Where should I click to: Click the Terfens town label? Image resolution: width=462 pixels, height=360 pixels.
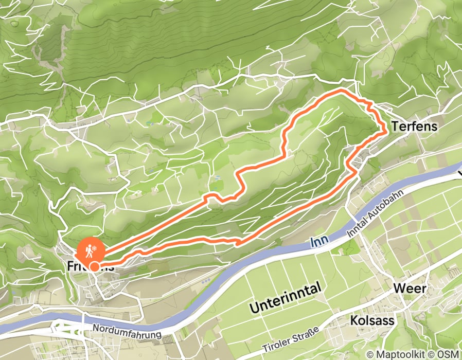[414, 126]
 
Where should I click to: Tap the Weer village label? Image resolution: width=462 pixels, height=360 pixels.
[410, 289]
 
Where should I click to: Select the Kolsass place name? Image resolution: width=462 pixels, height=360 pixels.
[372, 321]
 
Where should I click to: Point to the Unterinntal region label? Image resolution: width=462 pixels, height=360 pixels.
[286, 298]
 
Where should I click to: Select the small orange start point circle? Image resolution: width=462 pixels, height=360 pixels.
[95, 266]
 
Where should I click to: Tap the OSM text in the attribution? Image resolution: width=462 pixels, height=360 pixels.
[449, 354]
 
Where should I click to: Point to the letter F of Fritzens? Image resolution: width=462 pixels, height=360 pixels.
[70, 266]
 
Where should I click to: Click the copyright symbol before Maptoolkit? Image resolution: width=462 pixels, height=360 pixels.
[370, 354]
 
